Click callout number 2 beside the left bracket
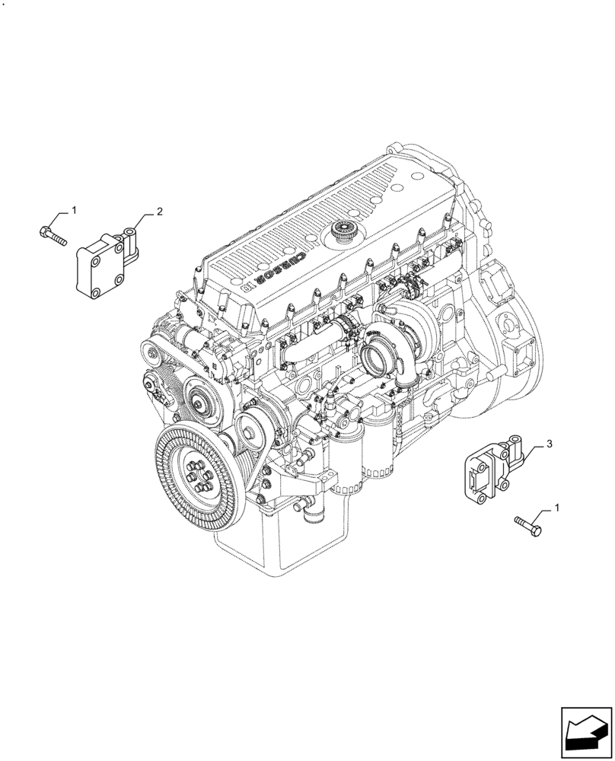click(160, 212)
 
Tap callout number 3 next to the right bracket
click(549, 444)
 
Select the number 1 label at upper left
click(74, 209)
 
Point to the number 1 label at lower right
click(559, 507)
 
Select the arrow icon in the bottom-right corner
click(586, 732)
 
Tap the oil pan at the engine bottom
click(304, 548)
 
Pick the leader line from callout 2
click(148, 218)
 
